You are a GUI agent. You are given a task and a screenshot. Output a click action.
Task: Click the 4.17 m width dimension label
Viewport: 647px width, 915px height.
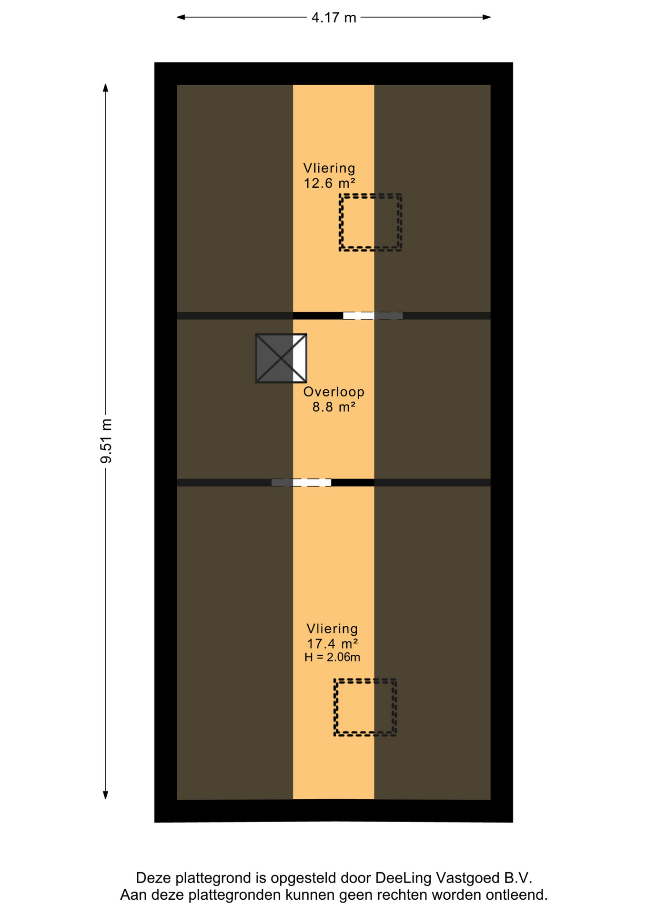pos(334,18)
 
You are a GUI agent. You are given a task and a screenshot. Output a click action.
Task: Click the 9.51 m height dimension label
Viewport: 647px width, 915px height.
pos(106,441)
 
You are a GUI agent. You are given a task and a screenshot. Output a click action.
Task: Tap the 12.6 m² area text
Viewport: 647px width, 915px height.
pos(330,183)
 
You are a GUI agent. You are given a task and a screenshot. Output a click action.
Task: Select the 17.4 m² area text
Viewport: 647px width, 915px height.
pos(332,644)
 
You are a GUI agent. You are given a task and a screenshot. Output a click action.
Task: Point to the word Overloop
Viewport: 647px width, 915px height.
pos(334,392)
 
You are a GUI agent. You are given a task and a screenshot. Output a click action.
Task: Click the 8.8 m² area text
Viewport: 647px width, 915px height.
pos(334,407)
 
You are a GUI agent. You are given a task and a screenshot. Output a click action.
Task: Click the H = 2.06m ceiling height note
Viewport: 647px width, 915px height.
pos(332,658)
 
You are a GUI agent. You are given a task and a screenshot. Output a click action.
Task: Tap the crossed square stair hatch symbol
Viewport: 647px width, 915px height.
pos(281,358)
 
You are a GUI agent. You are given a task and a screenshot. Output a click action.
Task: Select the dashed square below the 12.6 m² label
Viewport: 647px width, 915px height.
pos(371,195)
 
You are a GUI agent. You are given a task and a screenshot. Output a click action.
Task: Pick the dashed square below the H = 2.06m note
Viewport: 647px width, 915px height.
pos(365,680)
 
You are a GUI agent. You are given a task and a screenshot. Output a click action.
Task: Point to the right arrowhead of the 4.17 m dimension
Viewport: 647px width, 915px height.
pos(486,17)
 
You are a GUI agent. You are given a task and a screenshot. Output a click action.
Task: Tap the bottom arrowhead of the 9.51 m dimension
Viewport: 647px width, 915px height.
pos(106,794)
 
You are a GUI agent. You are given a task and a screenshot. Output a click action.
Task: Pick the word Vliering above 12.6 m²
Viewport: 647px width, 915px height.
pos(329,168)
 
